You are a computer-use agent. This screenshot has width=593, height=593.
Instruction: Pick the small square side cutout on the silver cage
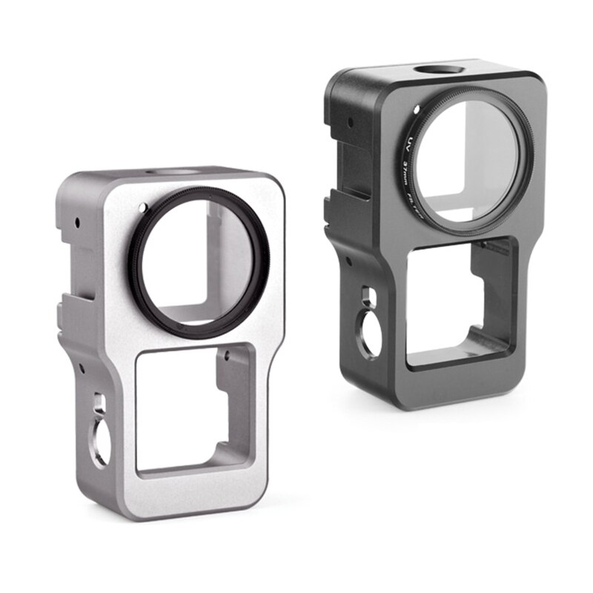97,405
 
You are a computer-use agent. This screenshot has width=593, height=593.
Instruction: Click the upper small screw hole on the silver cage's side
76,221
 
